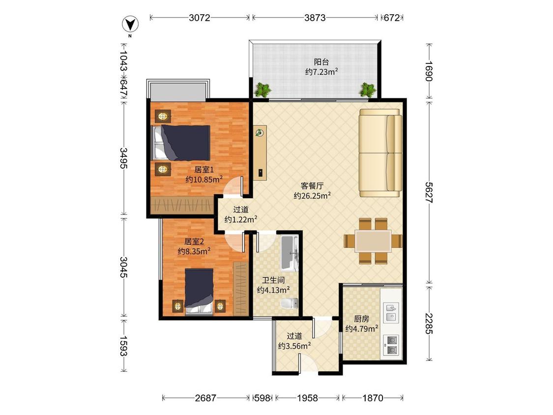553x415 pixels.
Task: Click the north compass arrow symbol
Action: [130, 25]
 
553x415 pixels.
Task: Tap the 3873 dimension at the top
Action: [315, 18]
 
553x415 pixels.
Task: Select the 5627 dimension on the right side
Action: [429, 192]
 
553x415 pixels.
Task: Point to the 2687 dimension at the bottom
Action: [205, 398]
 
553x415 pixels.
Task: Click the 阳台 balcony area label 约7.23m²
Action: [321, 72]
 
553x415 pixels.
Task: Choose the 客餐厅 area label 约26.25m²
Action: [312, 195]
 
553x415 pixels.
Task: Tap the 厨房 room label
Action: [361, 319]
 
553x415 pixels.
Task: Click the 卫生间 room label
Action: [273, 280]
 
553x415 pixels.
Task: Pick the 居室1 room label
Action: [204, 169]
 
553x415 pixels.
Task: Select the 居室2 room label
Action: [194, 241]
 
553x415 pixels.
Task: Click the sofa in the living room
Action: [380, 153]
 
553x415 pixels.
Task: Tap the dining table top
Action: [373, 241]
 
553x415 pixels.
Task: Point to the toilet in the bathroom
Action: [290, 303]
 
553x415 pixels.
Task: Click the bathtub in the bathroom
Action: [290, 253]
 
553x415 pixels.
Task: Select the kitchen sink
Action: [391, 312]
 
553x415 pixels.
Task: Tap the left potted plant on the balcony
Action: [263, 89]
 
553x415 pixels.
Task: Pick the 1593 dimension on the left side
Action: [123, 346]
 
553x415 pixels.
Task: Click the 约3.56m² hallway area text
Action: [294, 346]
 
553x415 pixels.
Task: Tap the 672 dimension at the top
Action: [391, 18]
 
